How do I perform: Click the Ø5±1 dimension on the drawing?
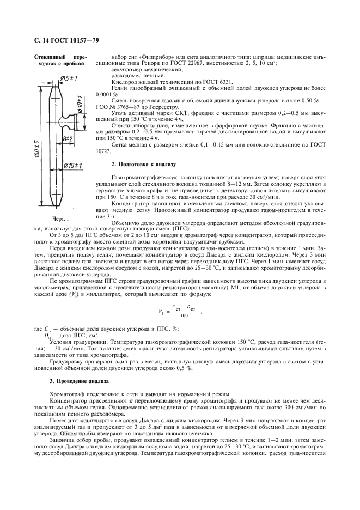(70, 78)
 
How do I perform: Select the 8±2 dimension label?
(68, 139)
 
